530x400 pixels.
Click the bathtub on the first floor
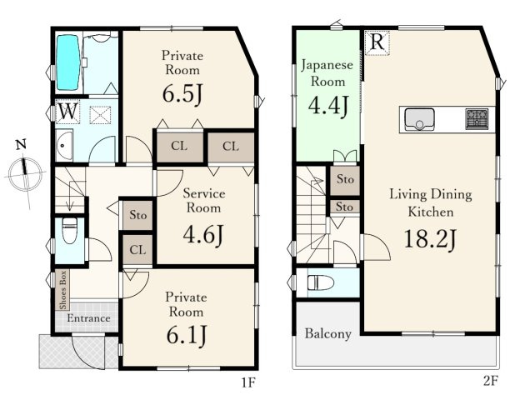coord(68,62)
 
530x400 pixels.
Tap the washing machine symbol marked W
coord(67,112)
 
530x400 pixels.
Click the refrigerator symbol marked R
coord(377,42)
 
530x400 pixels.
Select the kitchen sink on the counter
coord(419,119)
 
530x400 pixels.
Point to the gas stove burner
coord(477,119)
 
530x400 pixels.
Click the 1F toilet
coord(70,231)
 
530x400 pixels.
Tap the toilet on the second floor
coord(321,282)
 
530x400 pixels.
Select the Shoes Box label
coord(62,290)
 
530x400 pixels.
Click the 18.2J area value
coord(430,238)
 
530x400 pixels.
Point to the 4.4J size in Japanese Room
coord(327,106)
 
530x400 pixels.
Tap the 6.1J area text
coord(186,334)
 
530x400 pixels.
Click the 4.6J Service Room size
coord(203,235)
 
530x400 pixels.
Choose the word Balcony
coord(327,333)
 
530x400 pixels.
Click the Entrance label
coord(88,318)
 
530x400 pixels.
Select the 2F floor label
coord(491,381)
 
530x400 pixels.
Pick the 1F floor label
coord(247,382)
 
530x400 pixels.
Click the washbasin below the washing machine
coord(64,145)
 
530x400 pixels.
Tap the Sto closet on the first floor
coord(137,215)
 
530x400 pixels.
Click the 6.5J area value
coord(182,93)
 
